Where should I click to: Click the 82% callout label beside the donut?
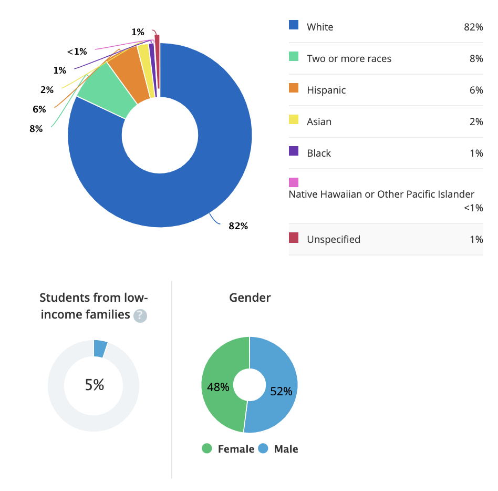[x=238, y=226]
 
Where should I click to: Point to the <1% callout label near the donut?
[x=77, y=52]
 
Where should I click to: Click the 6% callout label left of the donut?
[x=39, y=109]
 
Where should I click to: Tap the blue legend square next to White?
[x=294, y=25]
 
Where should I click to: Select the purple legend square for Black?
[x=294, y=151]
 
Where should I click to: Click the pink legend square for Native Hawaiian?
[x=294, y=182]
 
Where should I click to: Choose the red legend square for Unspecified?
[x=294, y=237]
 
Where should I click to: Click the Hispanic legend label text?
[x=326, y=90]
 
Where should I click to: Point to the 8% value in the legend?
[x=476, y=58]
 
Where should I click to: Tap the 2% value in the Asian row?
[x=476, y=121]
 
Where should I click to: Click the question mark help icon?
[x=140, y=315]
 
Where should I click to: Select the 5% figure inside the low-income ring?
[x=95, y=385]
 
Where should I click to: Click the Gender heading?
[x=250, y=298]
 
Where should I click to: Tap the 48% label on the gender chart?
[x=218, y=387]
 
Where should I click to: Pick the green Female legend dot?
[x=207, y=448]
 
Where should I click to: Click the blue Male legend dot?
[x=263, y=448]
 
